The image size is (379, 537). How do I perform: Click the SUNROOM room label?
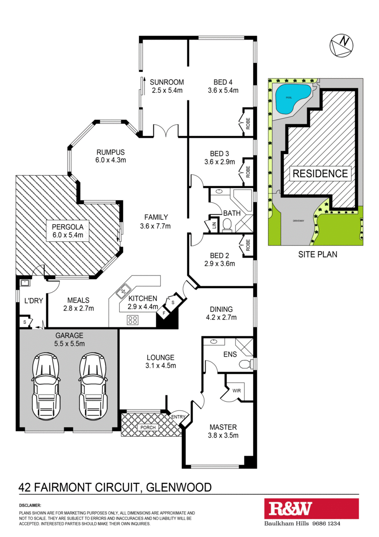167,82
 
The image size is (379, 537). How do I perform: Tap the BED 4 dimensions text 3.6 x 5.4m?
223,91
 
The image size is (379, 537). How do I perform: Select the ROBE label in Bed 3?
248,171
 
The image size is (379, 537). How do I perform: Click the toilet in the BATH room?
227,225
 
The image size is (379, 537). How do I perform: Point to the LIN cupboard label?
214,226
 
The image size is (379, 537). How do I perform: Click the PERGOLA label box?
68,231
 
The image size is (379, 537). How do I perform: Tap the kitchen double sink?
122,291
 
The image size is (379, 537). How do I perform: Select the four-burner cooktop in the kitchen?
132,320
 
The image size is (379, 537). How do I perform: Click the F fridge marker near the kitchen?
165,313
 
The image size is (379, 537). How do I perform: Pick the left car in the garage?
46,385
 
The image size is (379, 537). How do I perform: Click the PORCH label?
148,427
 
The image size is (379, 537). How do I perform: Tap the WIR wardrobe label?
236,390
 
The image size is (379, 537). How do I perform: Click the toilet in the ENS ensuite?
247,364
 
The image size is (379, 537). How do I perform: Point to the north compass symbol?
341,45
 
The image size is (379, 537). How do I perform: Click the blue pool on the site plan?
293,99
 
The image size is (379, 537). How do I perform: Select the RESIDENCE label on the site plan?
320,173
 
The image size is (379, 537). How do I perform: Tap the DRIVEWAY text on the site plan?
298,221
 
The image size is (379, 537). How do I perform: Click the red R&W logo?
311,509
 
